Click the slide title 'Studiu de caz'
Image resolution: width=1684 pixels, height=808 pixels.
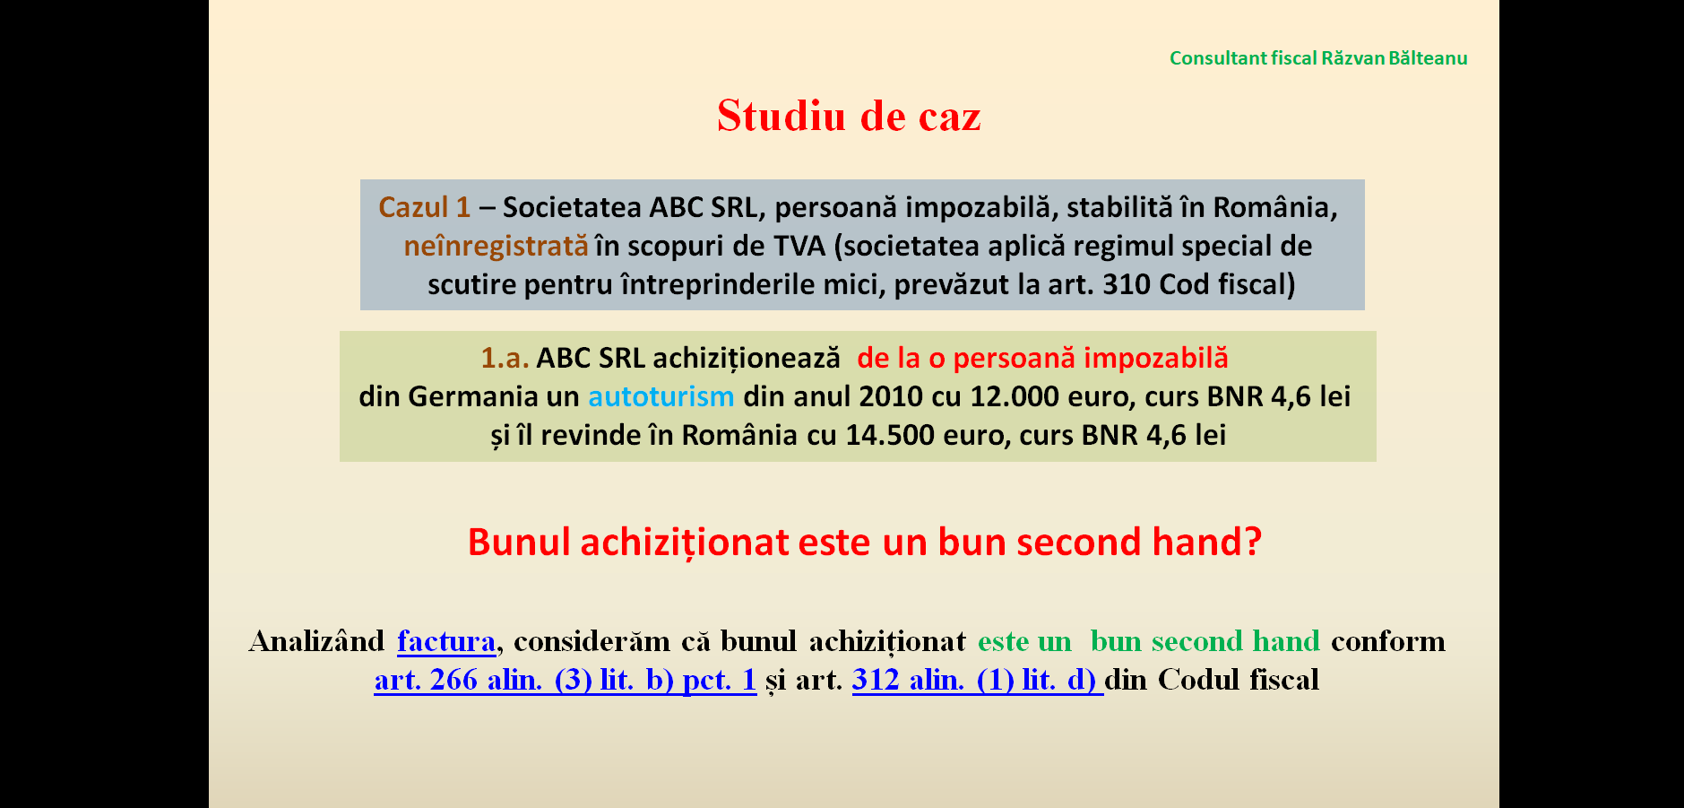click(x=849, y=116)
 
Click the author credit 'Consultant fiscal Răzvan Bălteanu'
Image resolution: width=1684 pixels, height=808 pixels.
click(x=1318, y=58)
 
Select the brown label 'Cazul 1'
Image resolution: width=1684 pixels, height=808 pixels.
click(x=424, y=207)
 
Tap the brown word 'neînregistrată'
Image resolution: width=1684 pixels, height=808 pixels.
click(x=496, y=246)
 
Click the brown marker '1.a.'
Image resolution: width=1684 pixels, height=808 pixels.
click(x=505, y=358)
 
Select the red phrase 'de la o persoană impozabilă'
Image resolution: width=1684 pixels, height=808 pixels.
click(x=1042, y=358)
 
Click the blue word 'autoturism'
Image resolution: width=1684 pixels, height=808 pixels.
click(x=661, y=396)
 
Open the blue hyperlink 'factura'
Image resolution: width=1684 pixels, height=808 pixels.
click(x=446, y=641)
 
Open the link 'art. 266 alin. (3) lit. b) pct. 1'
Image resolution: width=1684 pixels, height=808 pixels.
click(x=566, y=680)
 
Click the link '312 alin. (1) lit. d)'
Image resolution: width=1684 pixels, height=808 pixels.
click(x=977, y=680)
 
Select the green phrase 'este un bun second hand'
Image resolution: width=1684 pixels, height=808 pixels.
click(x=1149, y=641)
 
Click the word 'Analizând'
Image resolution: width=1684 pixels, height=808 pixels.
click(x=317, y=641)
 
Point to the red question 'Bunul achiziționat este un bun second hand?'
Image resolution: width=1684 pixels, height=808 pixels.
click(x=865, y=542)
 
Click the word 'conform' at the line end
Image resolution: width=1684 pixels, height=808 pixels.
click(x=1388, y=641)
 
